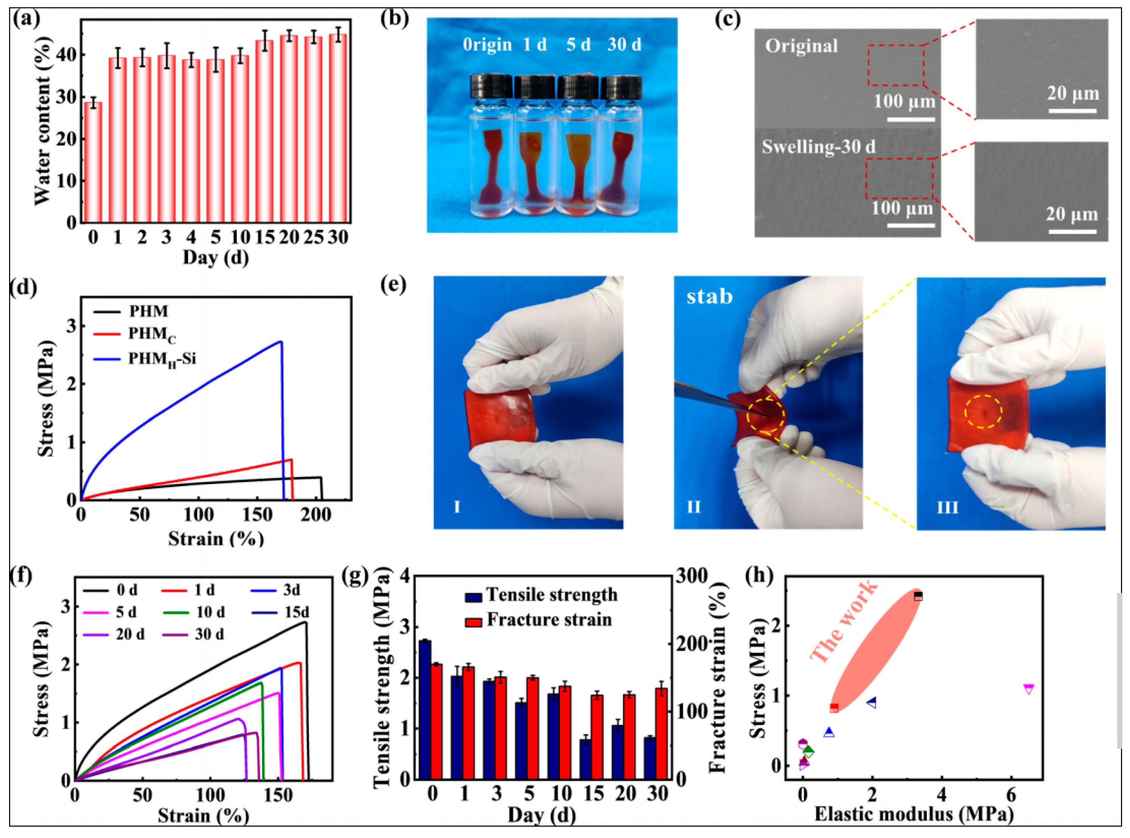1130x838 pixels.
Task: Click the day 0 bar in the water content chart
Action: tap(93, 162)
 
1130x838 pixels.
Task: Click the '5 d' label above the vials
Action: tap(578, 45)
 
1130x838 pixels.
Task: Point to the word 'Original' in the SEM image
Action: tap(801, 46)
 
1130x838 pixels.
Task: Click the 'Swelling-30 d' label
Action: tap(818, 147)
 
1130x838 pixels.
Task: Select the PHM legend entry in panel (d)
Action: tap(148, 311)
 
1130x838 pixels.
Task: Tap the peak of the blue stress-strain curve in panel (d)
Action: tap(281, 341)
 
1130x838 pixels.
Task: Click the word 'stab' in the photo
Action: tap(709, 296)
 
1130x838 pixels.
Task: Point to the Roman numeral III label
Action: tap(947, 507)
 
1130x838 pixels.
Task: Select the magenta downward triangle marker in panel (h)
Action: tap(1029, 689)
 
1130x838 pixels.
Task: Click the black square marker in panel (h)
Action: tap(918, 596)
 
